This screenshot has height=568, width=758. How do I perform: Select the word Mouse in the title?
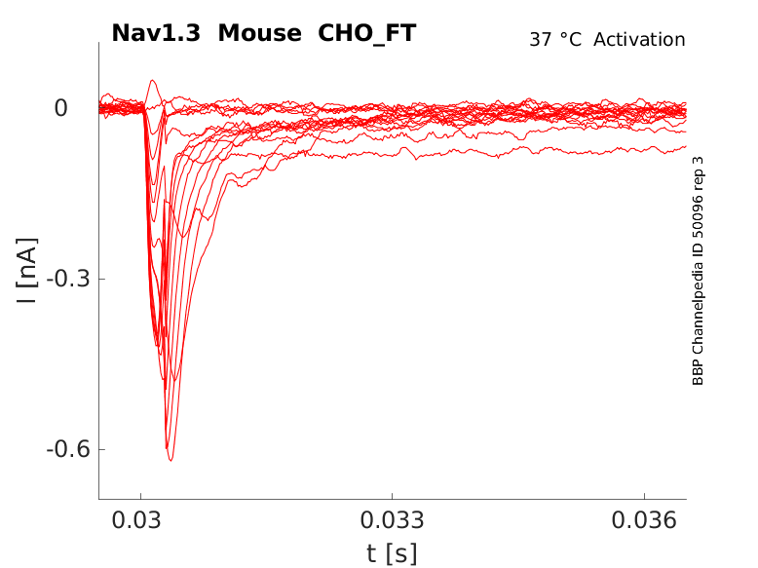[x=260, y=33]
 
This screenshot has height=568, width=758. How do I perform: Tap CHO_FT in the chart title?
[x=366, y=33]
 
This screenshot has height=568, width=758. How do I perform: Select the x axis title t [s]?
[x=392, y=553]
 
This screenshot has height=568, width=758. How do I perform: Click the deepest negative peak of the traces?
[x=171, y=459]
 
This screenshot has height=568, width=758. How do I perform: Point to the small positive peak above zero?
[x=152, y=81]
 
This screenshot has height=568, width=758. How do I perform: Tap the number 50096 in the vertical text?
[x=698, y=213]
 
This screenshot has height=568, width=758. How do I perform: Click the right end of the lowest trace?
[x=684, y=147]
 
